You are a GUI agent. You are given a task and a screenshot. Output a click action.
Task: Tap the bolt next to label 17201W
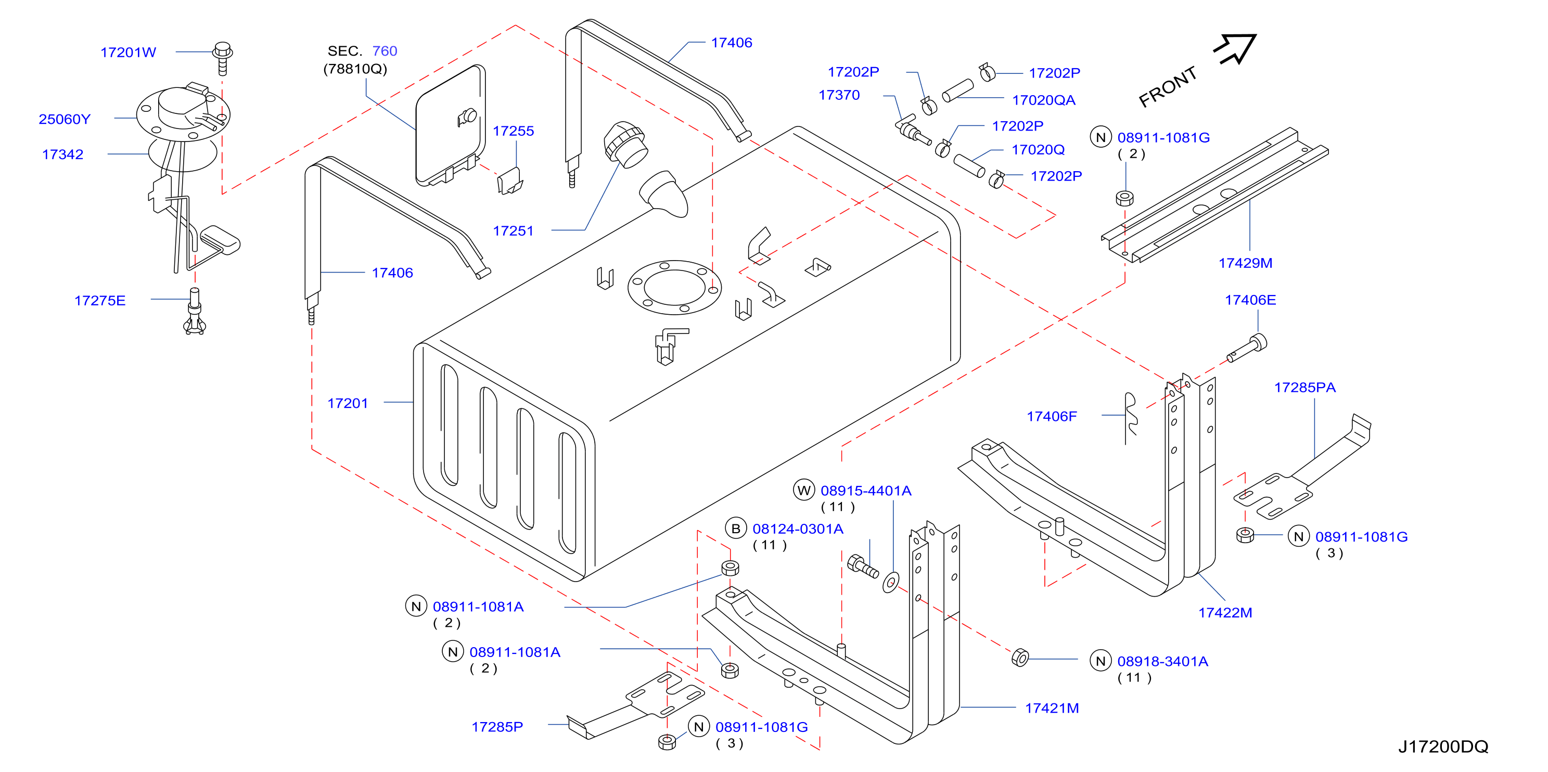point(222,58)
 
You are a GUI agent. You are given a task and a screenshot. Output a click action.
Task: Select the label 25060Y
point(65,120)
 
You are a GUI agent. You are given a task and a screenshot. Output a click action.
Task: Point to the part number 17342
point(62,155)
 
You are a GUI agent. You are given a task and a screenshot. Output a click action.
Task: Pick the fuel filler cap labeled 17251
point(625,144)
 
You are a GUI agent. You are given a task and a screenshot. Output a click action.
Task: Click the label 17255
point(513,132)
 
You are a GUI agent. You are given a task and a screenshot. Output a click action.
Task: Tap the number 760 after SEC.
point(385,51)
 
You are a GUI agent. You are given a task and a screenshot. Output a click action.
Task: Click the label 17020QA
point(1043,100)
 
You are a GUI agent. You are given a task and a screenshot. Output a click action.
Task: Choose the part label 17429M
point(1245,263)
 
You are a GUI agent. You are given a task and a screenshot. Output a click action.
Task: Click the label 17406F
point(1052,417)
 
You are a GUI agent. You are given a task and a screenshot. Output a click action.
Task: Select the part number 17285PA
point(1304,388)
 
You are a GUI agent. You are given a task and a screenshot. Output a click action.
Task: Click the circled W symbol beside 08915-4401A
point(803,490)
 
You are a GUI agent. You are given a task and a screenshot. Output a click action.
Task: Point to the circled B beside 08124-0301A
point(736,529)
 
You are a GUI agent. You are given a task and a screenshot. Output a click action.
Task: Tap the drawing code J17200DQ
point(1443,747)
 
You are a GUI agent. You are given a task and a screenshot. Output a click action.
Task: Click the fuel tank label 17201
point(348,404)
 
